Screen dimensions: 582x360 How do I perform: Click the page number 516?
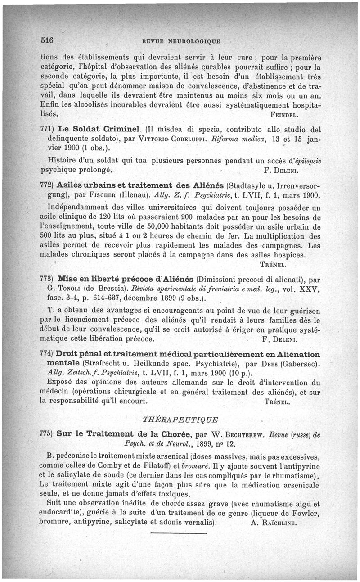coord(47,40)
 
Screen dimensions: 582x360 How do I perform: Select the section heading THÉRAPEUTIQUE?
coord(180,420)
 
